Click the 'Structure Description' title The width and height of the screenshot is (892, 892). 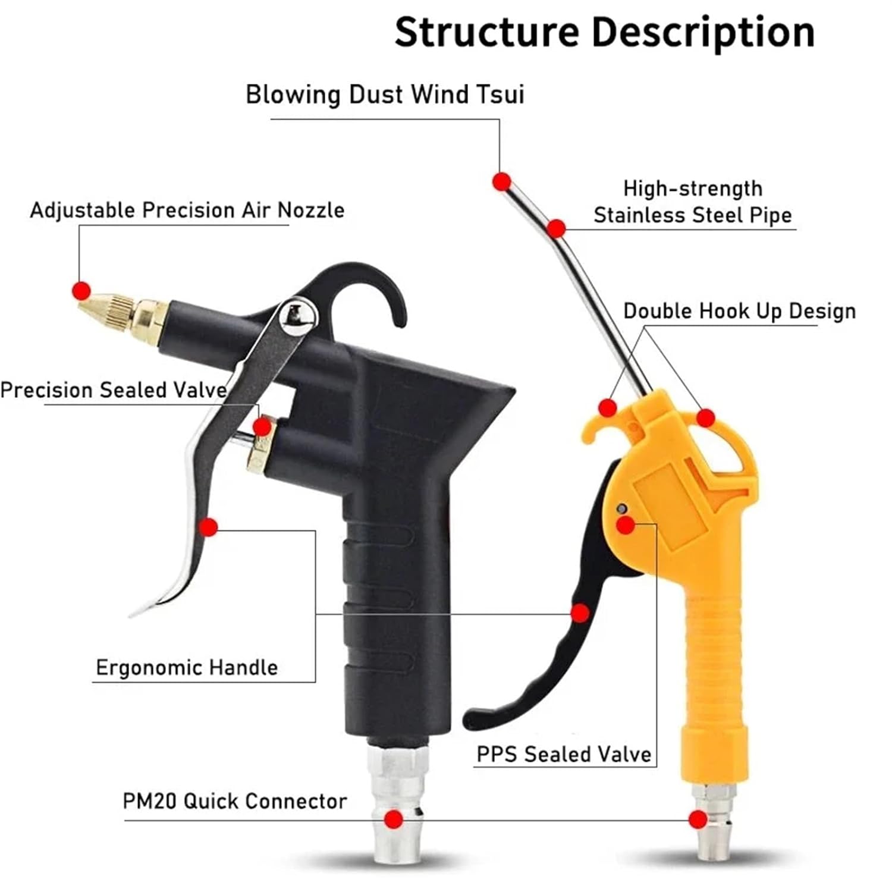click(x=604, y=32)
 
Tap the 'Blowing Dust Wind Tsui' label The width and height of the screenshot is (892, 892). click(x=385, y=95)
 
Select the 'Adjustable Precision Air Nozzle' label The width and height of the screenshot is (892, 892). click(x=187, y=211)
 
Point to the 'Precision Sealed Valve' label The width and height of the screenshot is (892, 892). click(x=114, y=390)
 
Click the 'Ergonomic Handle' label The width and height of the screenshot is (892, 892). click(x=187, y=668)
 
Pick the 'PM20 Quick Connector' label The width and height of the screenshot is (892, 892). click(x=235, y=801)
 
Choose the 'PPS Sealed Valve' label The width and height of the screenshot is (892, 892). click(x=564, y=754)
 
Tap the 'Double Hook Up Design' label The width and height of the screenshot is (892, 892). click(x=739, y=311)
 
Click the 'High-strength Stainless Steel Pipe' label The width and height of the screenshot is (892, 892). click(x=693, y=202)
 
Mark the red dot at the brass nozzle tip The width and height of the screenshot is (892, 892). click(x=81, y=291)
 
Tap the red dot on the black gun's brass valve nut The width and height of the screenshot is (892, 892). click(x=262, y=427)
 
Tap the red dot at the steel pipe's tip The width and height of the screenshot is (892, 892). click(x=502, y=181)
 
